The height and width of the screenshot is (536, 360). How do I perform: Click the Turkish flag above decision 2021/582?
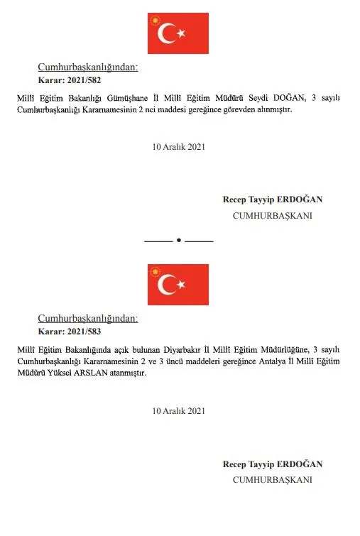(x=178, y=33)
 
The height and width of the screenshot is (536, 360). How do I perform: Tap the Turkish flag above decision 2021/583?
(x=178, y=285)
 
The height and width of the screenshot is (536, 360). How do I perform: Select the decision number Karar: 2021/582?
(x=74, y=80)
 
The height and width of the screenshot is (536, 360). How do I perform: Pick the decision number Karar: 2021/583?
(x=74, y=332)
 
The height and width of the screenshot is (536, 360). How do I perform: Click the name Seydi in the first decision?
(x=261, y=97)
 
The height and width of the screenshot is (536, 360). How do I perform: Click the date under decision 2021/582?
(x=179, y=147)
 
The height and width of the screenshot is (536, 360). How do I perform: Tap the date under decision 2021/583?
(x=179, y=410)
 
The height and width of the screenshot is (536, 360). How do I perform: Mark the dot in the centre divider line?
(x=179, y=241)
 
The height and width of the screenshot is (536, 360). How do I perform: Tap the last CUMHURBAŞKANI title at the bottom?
(x=273, y=480)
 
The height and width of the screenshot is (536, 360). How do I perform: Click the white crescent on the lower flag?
(x=169, y=285)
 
